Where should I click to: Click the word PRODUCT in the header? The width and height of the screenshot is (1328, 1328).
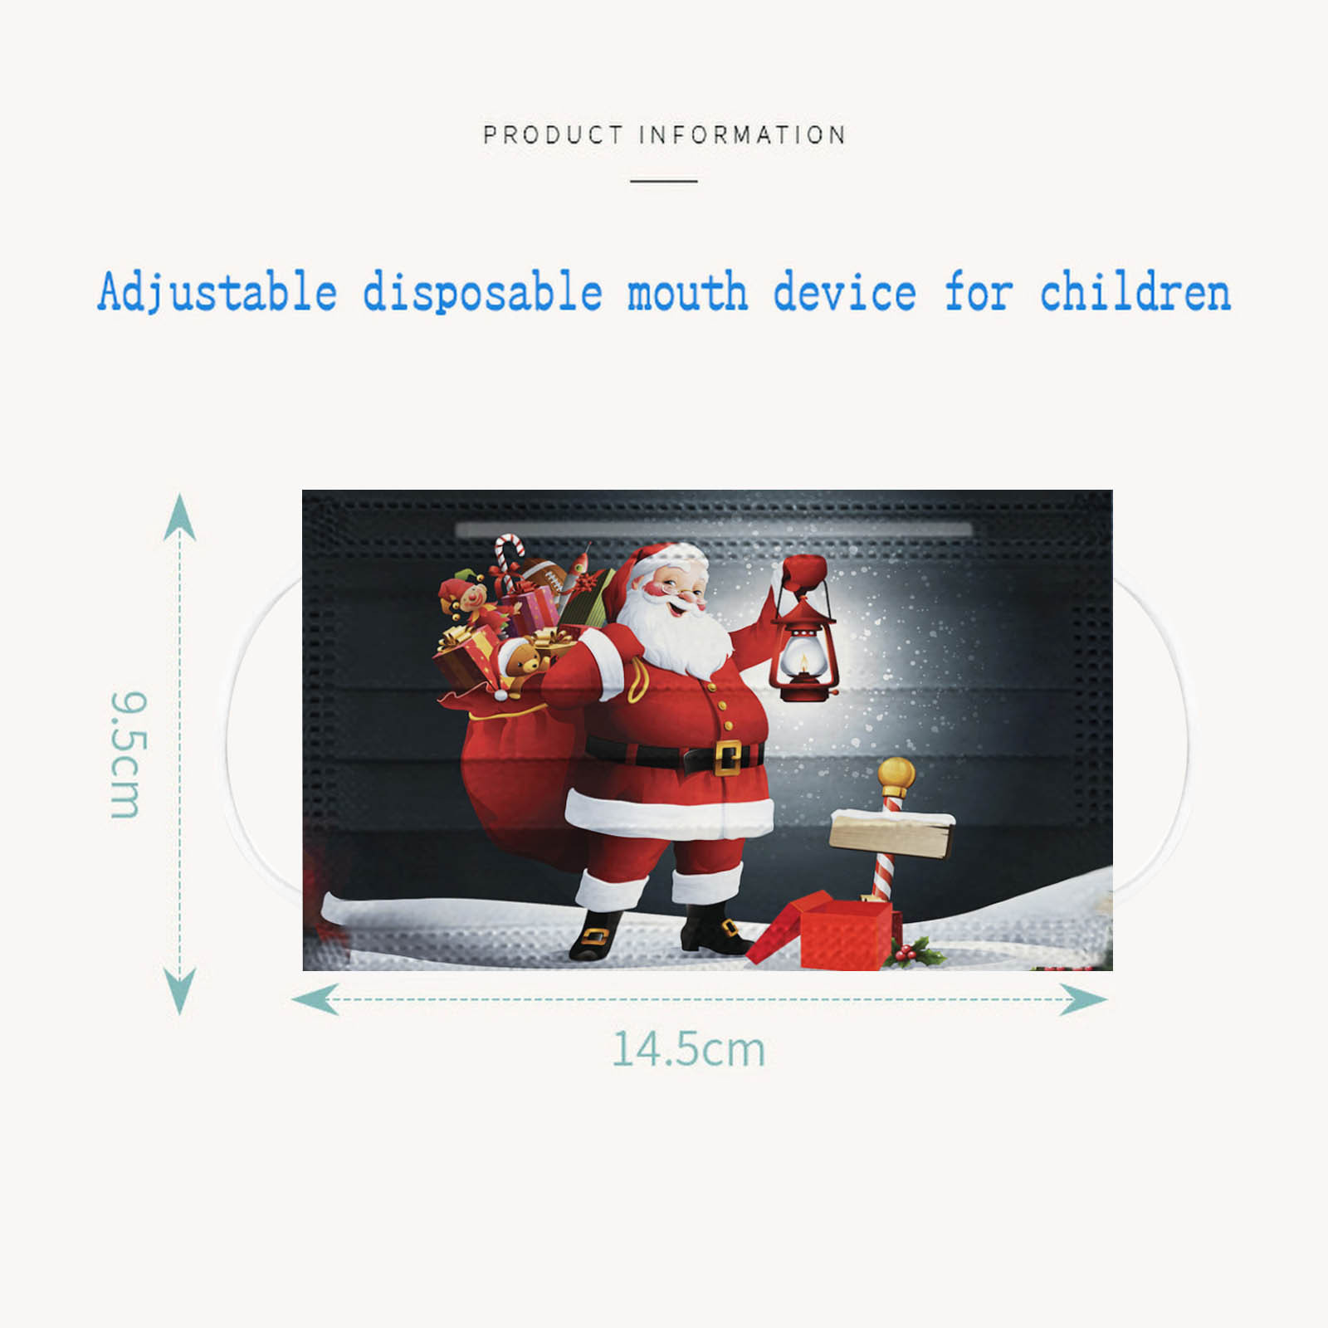coord(553,134)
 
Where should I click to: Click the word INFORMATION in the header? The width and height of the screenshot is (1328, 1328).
coord(743,134)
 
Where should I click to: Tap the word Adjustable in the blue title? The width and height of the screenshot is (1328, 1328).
coord(217,293)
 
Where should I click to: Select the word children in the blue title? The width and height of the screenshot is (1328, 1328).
coord(1135,293)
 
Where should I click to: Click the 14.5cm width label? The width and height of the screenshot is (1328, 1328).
coord(688,1049)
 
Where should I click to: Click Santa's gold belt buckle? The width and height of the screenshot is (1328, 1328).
coord(727,757)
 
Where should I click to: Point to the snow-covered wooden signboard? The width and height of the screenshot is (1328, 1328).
coord(891,832)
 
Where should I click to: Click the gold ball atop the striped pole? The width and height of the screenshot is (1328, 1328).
coord(896,775)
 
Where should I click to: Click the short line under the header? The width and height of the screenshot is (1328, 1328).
coord(663,180)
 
